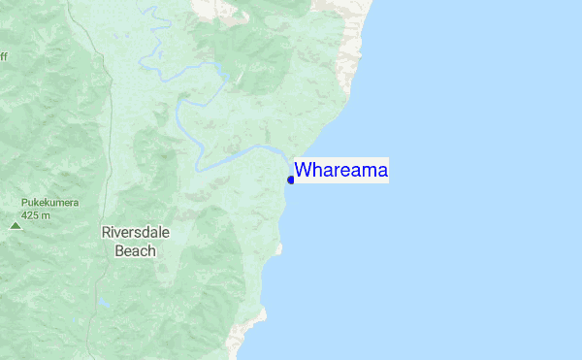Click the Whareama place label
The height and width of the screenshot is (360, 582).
click(x=341, y=171)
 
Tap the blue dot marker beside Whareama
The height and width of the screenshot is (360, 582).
click(x=291, y=179)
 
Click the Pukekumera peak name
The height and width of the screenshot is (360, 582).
click(x=49, y=203)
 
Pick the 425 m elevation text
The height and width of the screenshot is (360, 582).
click(x=36, y=214)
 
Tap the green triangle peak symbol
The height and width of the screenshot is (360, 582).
click(x=15, y=225)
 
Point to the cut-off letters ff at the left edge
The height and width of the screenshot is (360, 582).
click(x=3, y=56)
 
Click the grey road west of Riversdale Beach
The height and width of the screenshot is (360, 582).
click(x=110, y=194)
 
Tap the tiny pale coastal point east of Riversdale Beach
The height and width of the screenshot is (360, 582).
click(x=279, y=249)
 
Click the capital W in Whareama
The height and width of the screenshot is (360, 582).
click(x=303, y=171)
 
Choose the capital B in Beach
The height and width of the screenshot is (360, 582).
click(x=120, y=250)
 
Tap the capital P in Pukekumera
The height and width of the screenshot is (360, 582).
click(x=24, y=203)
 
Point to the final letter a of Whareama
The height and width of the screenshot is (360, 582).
click(x=382, y=172)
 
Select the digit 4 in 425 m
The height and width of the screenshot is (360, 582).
click(x=24, y=214)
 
